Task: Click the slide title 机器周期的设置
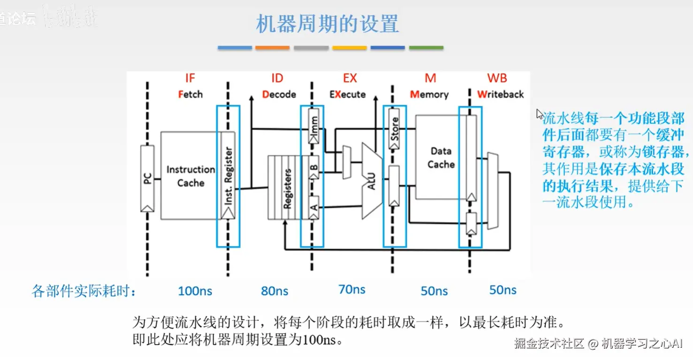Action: [x=327, y=23]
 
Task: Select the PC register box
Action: [x=147, y=178]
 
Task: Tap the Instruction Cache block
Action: [x=190, y=176]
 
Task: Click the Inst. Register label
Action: [x=228, y=176]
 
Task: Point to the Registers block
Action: [x=287, y=188]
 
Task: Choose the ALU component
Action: [x=371, y=181]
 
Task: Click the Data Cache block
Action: [x=441, y=158]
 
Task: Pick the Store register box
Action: [x=395, y=129]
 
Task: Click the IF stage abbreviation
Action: [x=190, y=78]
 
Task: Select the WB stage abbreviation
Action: [x=497, y=78]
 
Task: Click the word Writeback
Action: [x=500, y=94]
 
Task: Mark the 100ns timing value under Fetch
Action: [x=195, y=291]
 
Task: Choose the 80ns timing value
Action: [x=274, y=291]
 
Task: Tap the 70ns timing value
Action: [x=352, y=290]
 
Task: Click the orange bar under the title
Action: [x=273, y=48]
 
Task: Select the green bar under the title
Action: [x=426, y=48]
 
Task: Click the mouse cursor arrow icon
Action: [x=540, y=115]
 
